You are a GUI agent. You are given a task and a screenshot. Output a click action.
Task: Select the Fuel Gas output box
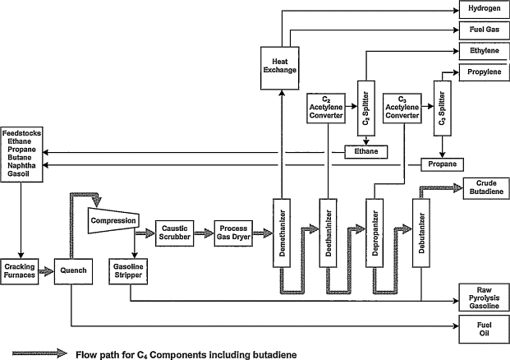point(482,30)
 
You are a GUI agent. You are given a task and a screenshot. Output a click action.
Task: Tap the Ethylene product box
point(482,51)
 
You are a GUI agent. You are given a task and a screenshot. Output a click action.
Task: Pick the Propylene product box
point(482,73)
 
